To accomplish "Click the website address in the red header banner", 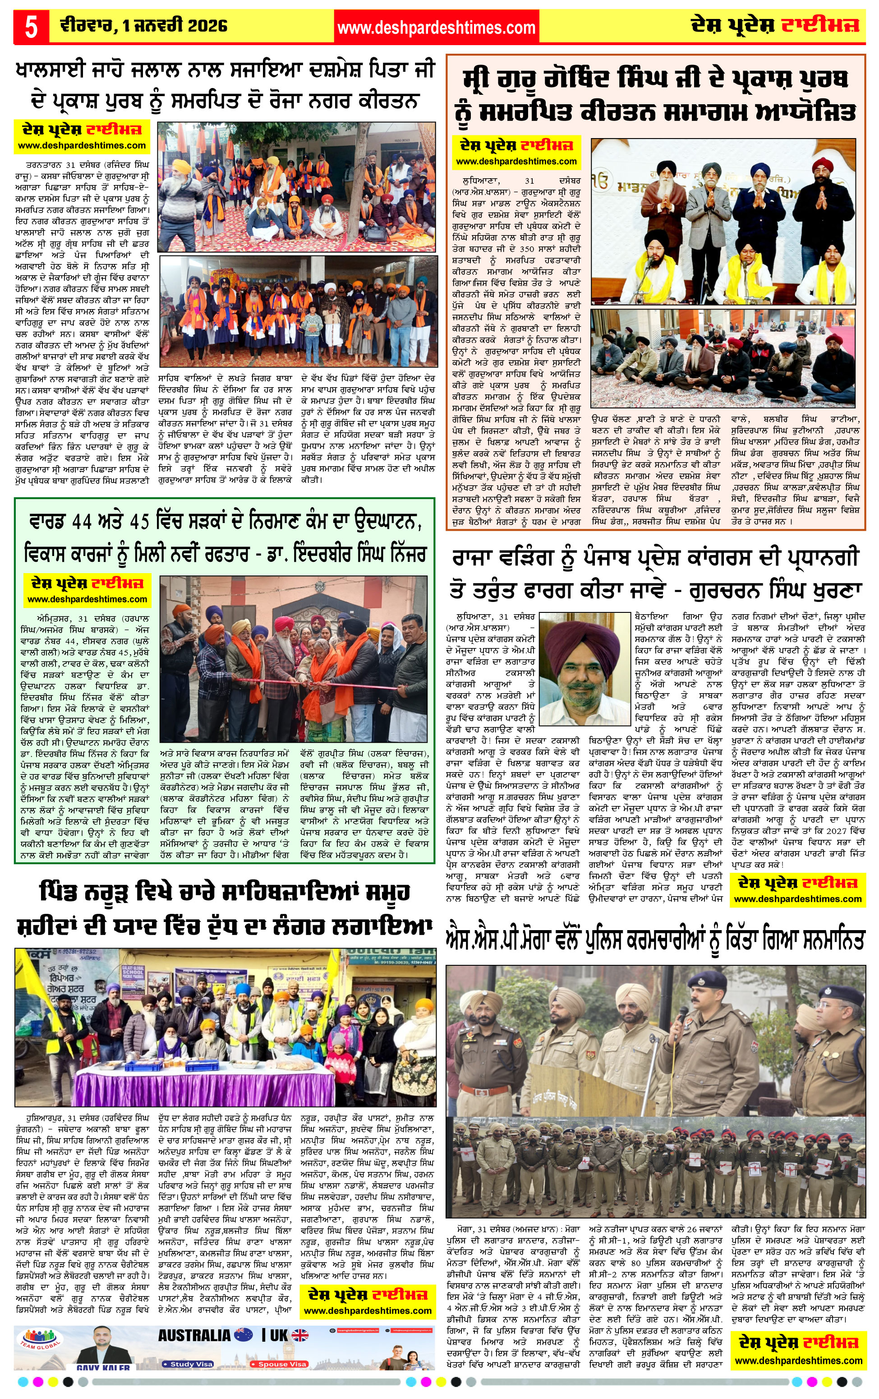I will (x=436, y=28).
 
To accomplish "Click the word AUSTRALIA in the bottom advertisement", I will (x=194, y=1335).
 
